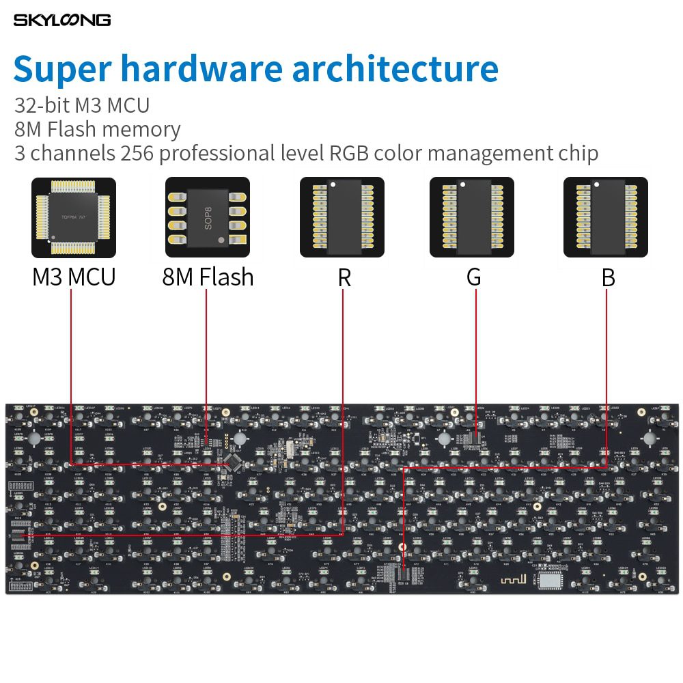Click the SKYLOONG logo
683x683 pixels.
pos(61,20)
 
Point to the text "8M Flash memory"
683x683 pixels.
pos(97,129)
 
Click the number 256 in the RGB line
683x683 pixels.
pos(138,153)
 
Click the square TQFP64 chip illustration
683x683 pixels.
pos(74,217)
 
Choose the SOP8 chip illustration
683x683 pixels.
pos(208,217)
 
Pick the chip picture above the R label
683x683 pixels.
pos(341,217)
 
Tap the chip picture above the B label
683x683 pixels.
pos(605,217)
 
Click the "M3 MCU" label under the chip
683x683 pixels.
pos(74,277)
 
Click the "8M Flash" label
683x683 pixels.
pos(208,277)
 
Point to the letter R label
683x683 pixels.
pos(344,277)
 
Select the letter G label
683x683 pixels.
pos(473,277)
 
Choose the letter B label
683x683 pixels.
pos(608,277)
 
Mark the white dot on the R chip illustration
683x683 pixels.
pos(332,184)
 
